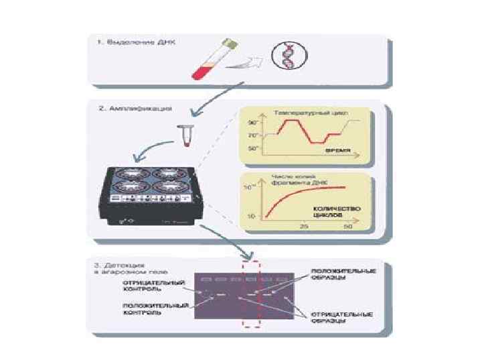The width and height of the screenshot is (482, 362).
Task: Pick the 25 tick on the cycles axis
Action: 303,228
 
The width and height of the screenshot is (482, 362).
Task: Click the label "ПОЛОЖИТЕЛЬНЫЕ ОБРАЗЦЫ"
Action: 343,274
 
